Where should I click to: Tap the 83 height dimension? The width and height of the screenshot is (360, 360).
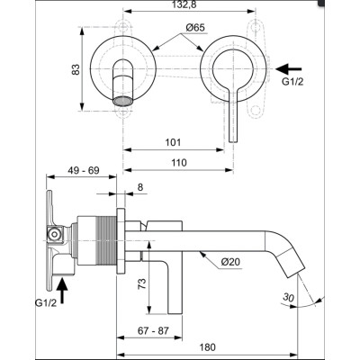pos(77,68)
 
